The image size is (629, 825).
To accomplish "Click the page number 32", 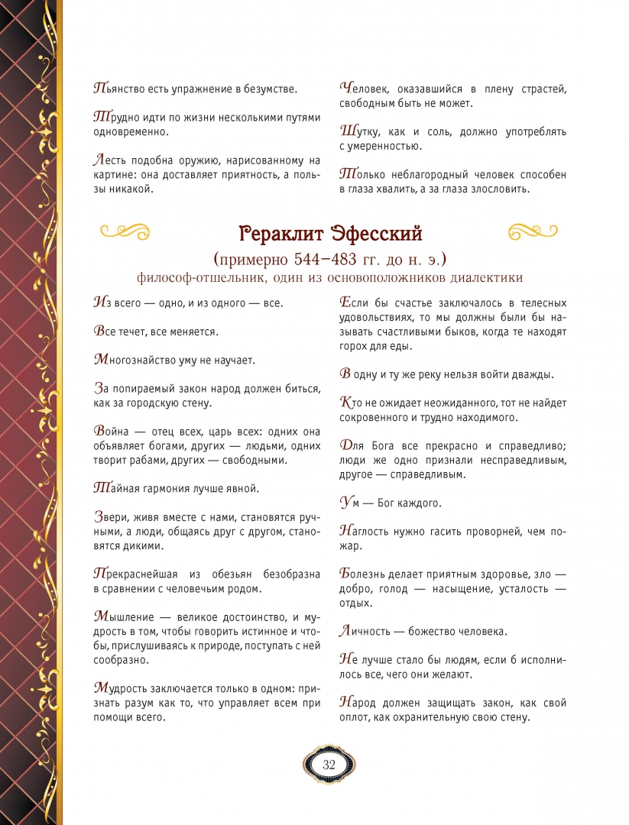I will click(329, 765).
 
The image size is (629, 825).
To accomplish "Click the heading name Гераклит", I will click(281, 232).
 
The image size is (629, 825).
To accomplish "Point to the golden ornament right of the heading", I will click(534, 230).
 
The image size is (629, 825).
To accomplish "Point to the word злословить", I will click(496, 189).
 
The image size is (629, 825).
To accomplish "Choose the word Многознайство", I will click(137, 359).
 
